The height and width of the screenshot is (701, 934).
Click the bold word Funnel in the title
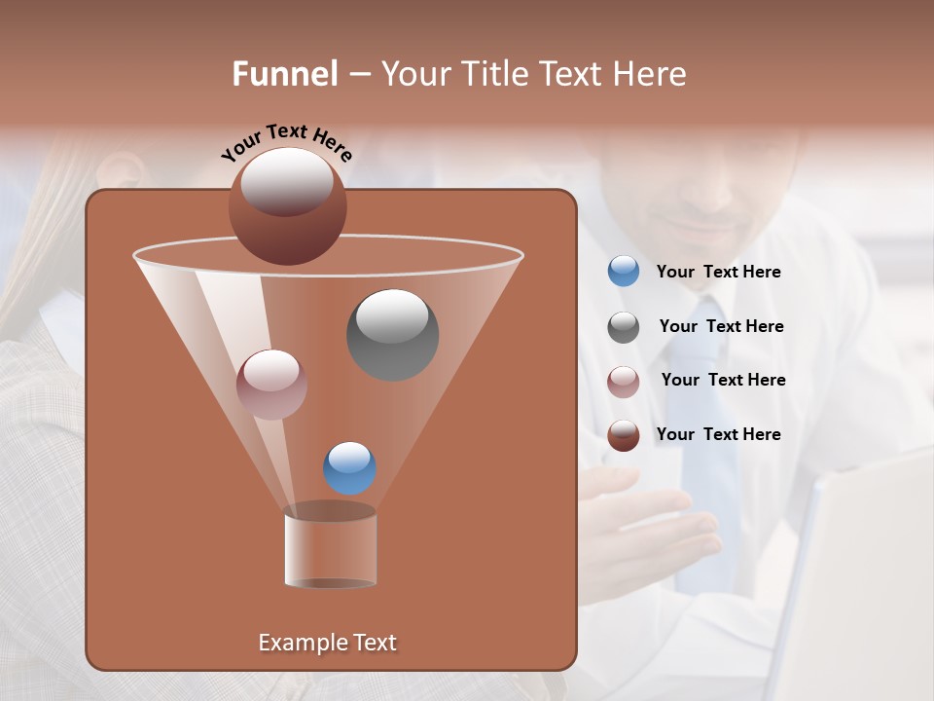click(x=284, y=74)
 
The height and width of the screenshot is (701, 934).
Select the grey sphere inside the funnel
click(x=392, y=334)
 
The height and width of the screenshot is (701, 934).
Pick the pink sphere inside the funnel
click(x=271, y=384)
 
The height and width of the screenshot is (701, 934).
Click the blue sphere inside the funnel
click(x=349, y=467)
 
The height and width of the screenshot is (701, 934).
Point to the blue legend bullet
click(x=624, y=272)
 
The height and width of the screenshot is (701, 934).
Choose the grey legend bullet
click(x=624, y=327)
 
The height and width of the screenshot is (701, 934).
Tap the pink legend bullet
click(x=624, y=381)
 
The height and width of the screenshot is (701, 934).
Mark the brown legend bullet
click(x=624, y=435)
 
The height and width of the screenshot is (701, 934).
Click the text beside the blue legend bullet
click(x=718, y=273)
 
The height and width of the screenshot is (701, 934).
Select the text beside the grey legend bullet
click(x=721, y=327)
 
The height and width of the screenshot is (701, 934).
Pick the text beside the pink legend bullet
click(x=723, y=381)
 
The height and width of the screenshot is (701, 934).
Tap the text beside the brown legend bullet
click(x=718, y=435)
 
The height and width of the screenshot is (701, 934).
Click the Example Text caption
click(x=327, y=643)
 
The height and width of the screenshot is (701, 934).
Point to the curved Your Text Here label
click(x=286, y=142)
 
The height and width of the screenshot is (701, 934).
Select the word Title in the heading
click(x=493, y=74)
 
